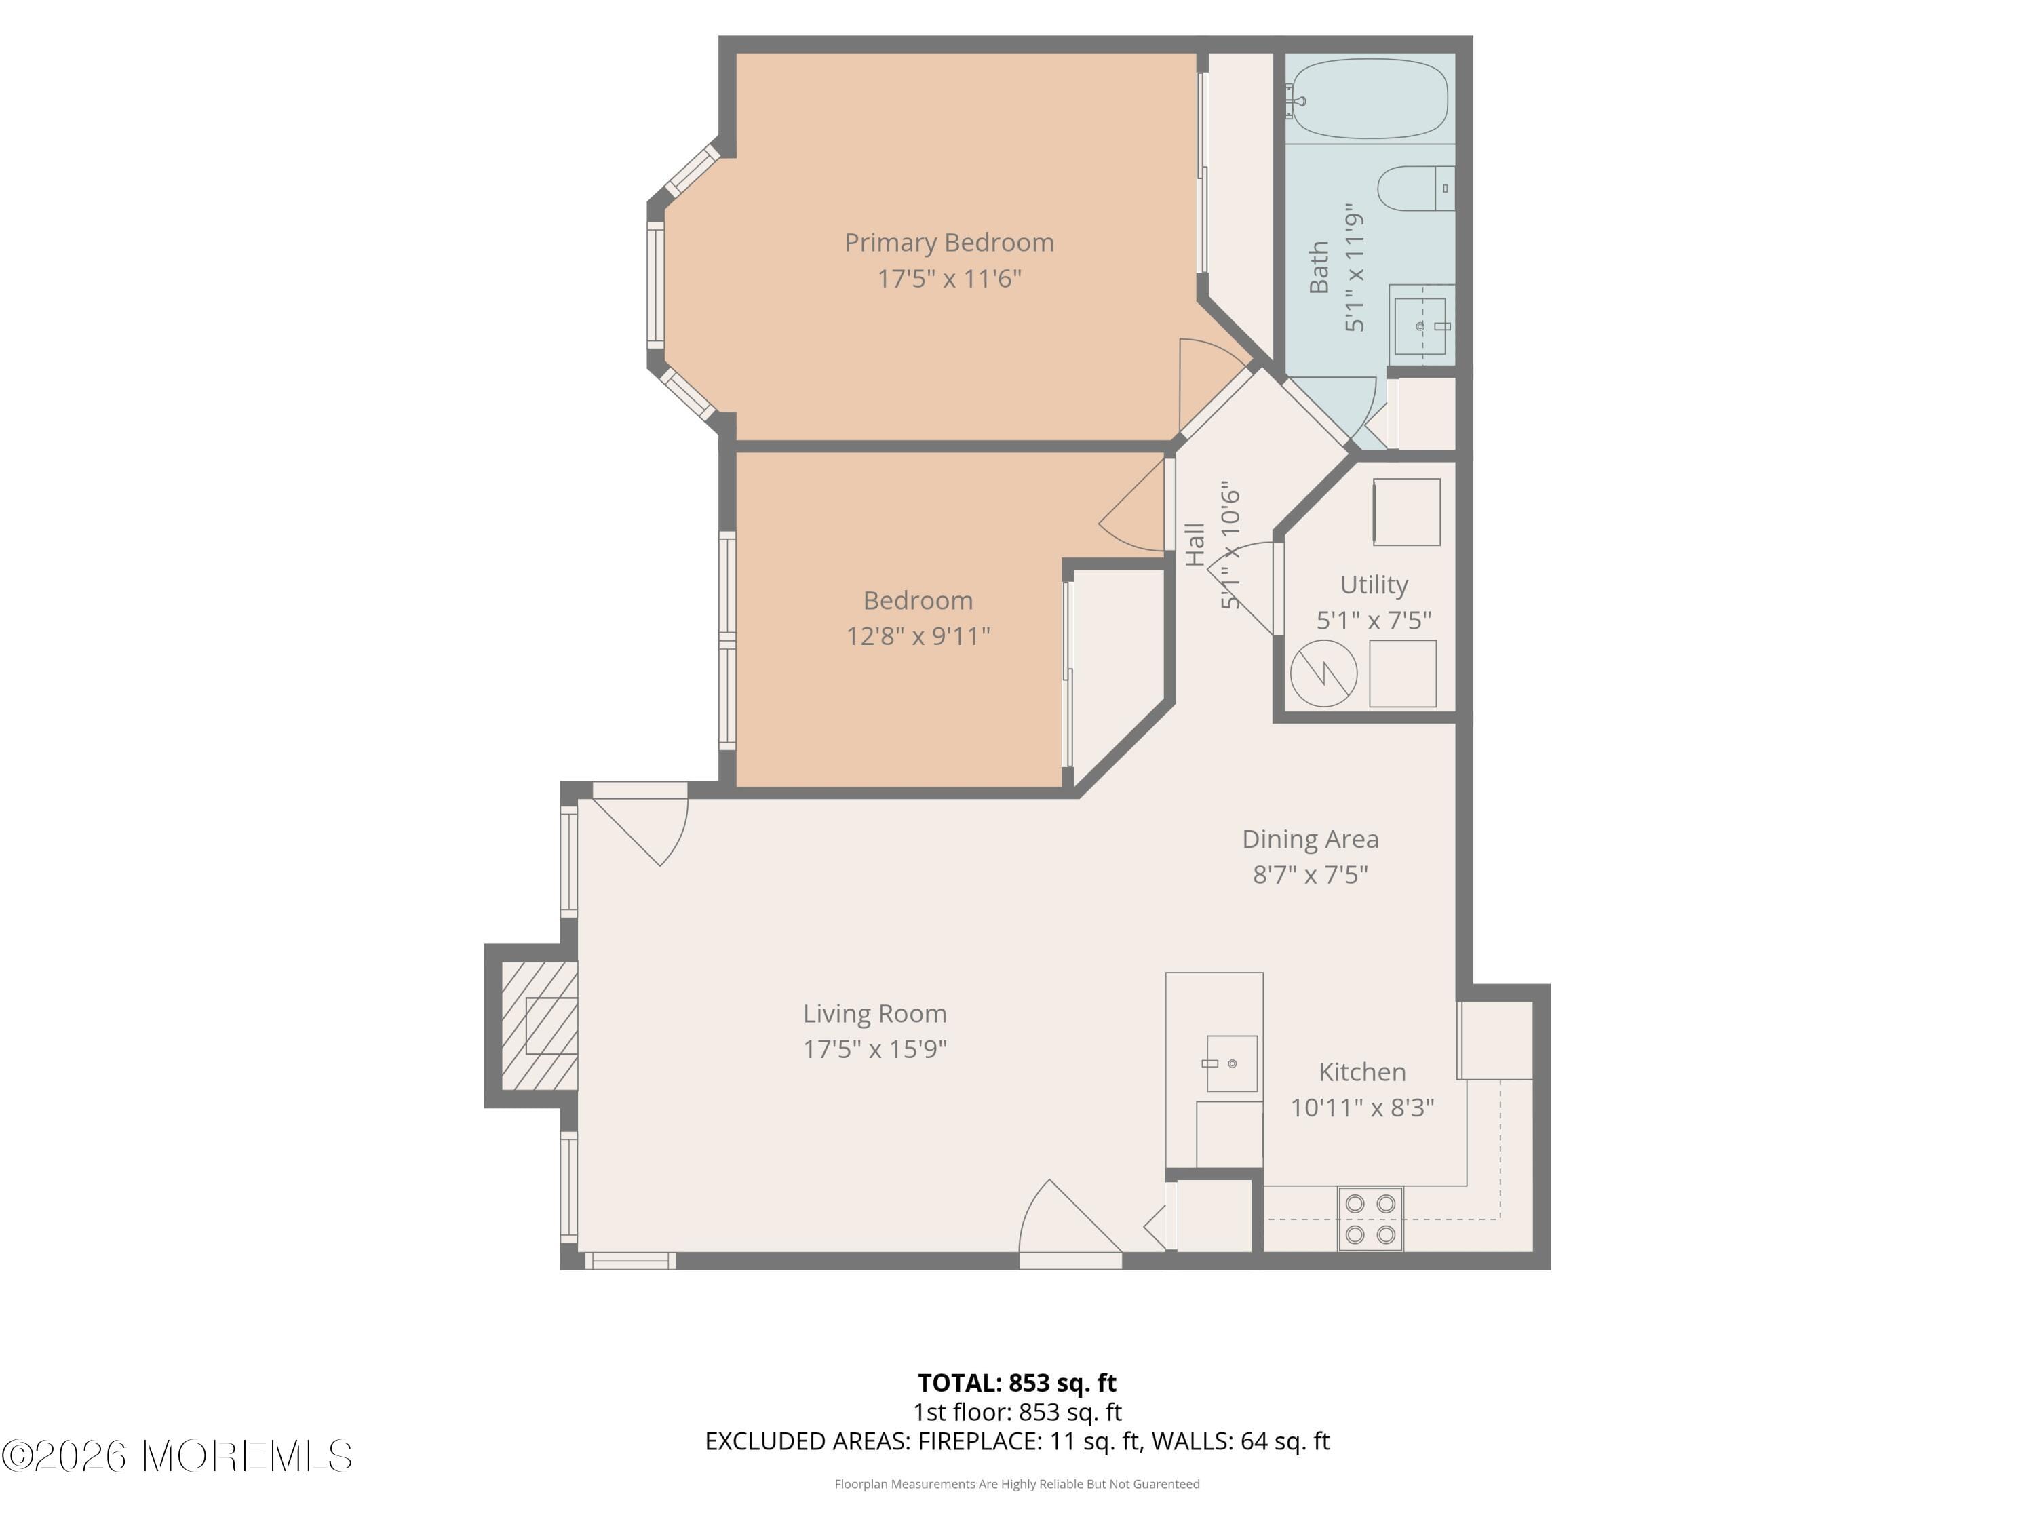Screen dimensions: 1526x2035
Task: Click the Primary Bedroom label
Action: point(948,243)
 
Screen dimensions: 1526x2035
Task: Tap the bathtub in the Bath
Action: point(1369,98)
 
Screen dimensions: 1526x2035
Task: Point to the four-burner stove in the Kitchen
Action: point(1370,1219)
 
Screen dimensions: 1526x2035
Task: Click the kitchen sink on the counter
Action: point(1231,1063)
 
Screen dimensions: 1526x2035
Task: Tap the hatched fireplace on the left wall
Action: point(540,1025)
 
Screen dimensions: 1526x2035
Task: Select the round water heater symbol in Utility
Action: point(1323,674)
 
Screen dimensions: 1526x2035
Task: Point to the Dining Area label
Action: point(1310,839)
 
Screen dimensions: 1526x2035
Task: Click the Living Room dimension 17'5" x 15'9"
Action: point(874,1049)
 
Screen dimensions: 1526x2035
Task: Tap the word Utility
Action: point(1374,585)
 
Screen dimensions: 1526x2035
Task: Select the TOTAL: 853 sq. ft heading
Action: point(1017,1382)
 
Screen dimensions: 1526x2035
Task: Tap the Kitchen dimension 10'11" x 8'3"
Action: point(1361,1108)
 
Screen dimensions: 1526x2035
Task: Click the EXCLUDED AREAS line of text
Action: point(1017,1441)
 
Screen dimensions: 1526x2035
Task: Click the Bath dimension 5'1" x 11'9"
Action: point(1354,268)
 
